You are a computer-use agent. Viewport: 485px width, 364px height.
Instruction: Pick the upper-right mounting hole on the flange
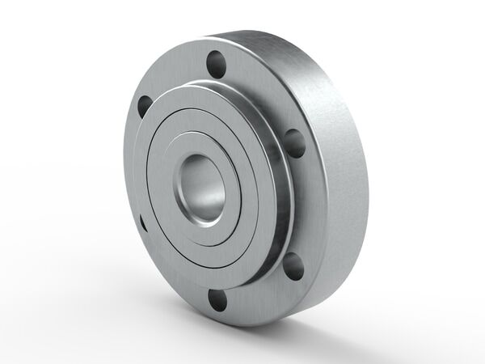click(296, 142)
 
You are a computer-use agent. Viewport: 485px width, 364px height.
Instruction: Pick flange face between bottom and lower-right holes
click(259, 291)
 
